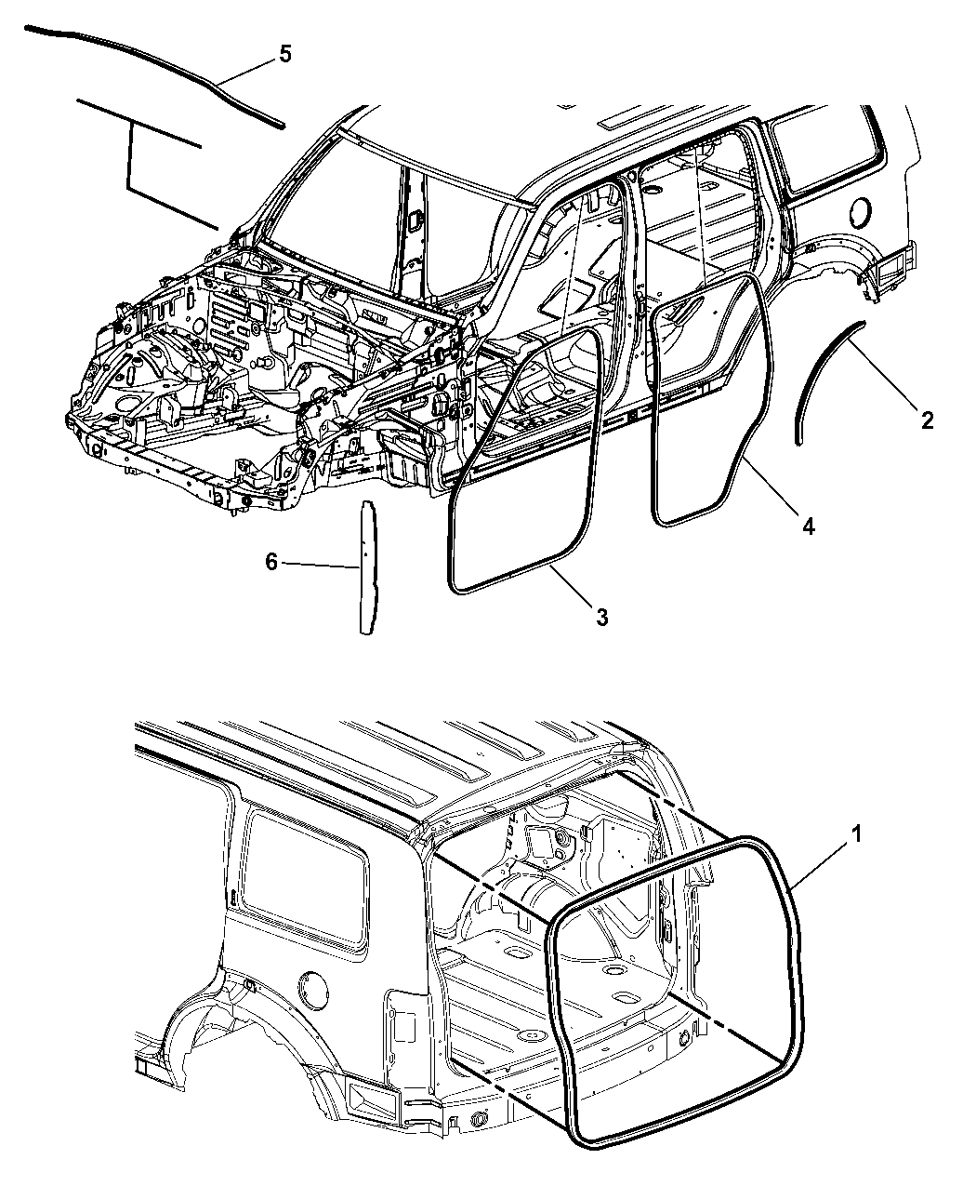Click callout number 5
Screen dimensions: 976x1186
tap(284, 55)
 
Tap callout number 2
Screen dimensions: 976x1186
tap(927, 420)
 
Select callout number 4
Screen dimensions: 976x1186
tap(809, 526)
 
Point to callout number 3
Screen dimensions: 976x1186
tap(601, 617)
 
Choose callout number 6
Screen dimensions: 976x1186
tap(271, 563)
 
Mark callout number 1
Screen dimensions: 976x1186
tap(856, 834)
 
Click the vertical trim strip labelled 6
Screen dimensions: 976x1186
tap(367, 566)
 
